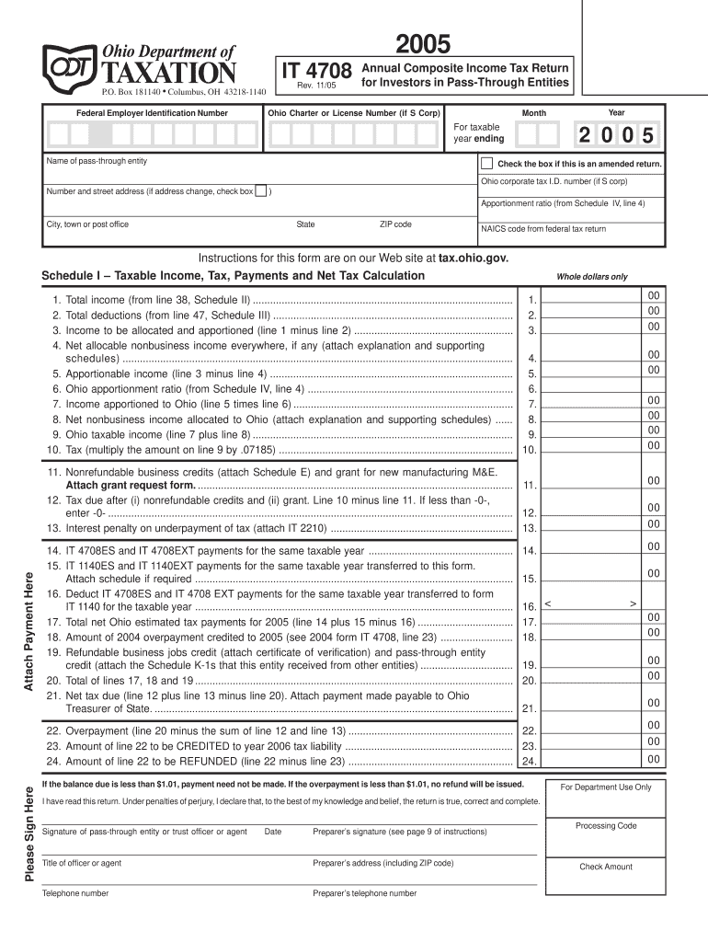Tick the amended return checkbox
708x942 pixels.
[486, 163]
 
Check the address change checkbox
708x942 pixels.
[261, 191]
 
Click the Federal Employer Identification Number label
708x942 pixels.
[152, 113]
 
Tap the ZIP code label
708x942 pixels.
[395, 224]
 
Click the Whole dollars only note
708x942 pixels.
[591, 277]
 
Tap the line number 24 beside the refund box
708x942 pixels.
[529, 762]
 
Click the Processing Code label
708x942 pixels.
[606, 825]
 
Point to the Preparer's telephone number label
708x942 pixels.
[364, 893]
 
